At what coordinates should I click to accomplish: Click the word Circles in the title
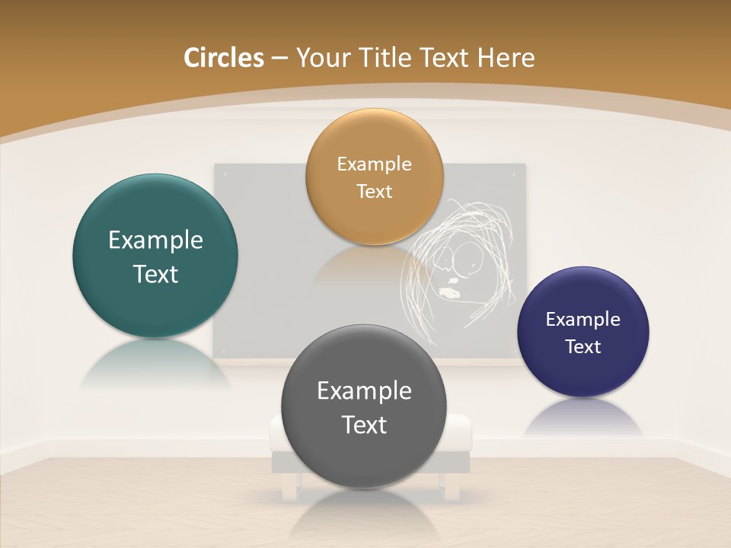[x=223, y=58]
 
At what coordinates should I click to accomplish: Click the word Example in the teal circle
[x=155, y=241]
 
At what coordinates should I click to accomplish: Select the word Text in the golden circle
[x=374, y=191]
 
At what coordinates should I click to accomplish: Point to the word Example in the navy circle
[x=583, y=319]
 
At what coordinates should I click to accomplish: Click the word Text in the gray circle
[x=364, y=425]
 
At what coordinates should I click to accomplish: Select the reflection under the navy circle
[x=583, y=419]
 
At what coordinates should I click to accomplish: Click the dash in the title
[x=279, y=59]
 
